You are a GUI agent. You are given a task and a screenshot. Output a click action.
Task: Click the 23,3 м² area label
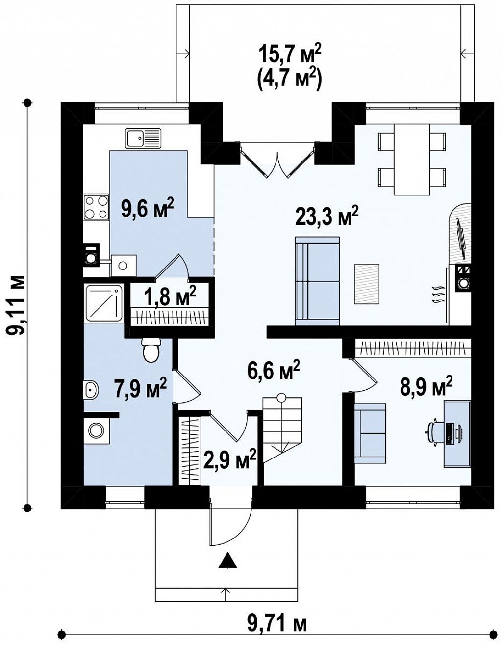(327, 218)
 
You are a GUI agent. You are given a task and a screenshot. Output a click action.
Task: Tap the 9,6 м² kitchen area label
(147, 210)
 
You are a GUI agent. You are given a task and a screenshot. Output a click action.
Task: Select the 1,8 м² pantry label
(171, 297)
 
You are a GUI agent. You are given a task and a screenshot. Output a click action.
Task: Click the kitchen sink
(143, 138)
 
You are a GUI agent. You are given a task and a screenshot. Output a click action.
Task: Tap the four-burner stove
(96, 207)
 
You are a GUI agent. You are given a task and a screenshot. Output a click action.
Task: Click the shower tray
(103, 303)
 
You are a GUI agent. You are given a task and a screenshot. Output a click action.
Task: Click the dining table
(412, 160)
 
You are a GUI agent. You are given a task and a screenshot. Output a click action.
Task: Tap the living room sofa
(317, 281)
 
